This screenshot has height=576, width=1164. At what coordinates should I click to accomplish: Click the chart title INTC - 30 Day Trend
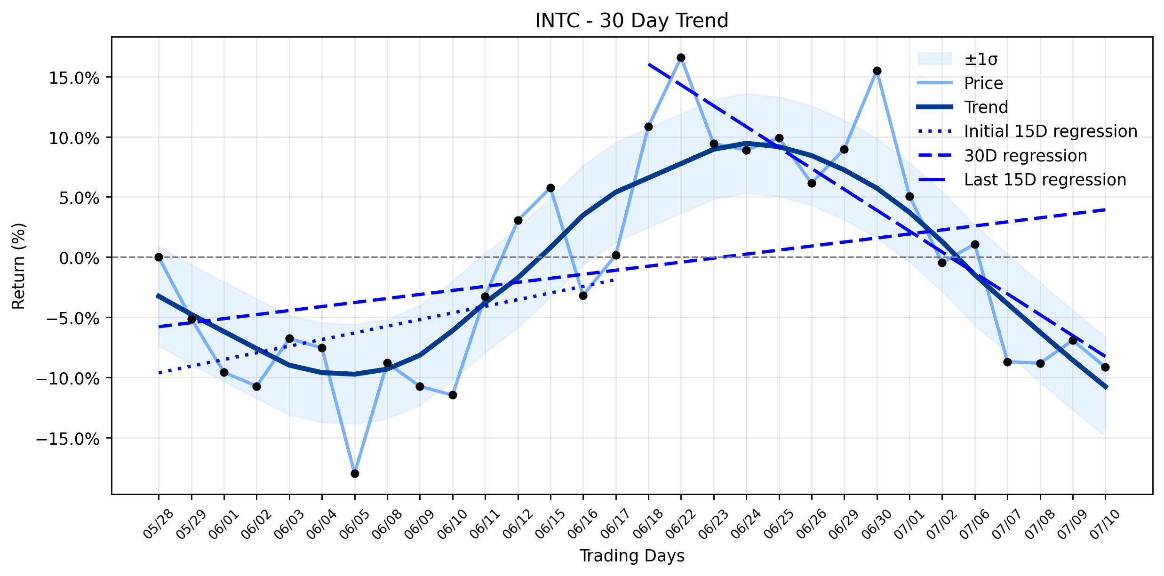click(x=632, y=21)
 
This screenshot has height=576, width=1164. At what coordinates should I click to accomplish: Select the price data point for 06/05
click(x=355, y=473)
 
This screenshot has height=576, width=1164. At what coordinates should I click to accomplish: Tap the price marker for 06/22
click(x=681, y=57)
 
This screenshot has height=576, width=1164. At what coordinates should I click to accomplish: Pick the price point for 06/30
click(x=877, y=71)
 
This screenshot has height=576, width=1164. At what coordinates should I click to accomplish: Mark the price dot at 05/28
click(x=159, y=257)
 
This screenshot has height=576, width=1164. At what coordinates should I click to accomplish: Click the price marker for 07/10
click(x=1105, y=367)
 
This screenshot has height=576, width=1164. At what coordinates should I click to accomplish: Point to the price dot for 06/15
click(x=550, y=188)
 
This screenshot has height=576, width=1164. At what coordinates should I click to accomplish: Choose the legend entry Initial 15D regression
click(x=1027, y=131)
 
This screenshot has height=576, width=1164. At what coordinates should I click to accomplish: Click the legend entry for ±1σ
click(x=957, y=59)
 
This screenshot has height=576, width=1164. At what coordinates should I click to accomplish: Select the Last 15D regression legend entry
click(x=1021, y=180)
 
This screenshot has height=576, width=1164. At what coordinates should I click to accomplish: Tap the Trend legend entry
click(x=963, y=107)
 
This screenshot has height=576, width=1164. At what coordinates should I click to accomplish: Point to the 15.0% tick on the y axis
click(x=74, y=78)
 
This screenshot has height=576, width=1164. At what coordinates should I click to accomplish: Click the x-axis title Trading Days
click(x=632, y=556)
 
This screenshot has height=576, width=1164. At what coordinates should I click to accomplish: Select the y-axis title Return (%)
click(x=19, y=266)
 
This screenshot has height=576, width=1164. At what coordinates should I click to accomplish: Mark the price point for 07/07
click(x=1007, y=362)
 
